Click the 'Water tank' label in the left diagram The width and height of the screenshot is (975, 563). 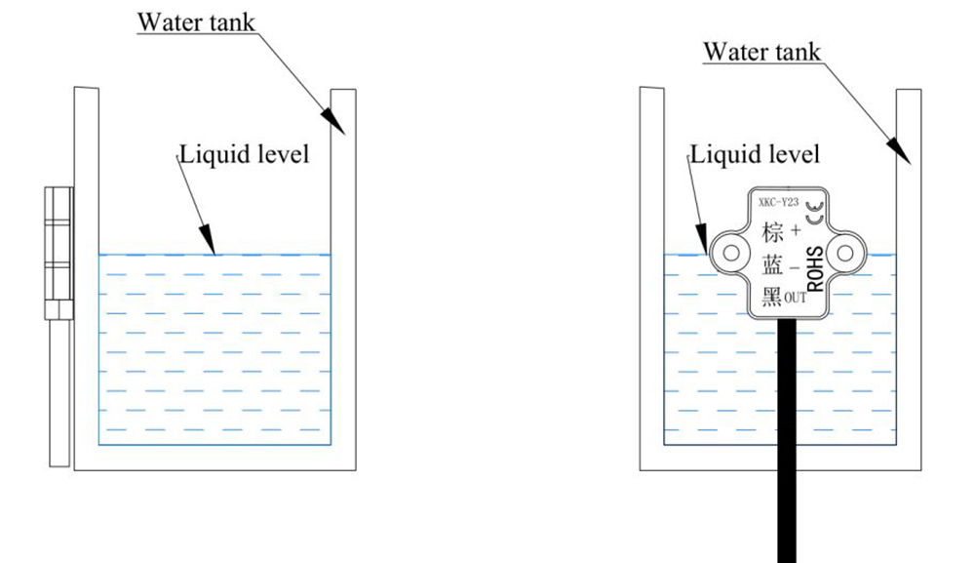[x=196, y=21]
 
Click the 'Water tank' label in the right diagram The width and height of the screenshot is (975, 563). [x=761, y=52]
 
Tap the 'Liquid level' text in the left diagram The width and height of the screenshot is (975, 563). [x=244, y=154]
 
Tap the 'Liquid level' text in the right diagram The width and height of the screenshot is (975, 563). [x=755, y=154]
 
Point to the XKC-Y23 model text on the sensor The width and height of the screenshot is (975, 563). [x=778, y=202]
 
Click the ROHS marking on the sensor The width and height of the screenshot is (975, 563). [x=815, y=268]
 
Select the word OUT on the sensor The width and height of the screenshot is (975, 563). [x=796, y=298]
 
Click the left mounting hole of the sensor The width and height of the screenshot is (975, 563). [x=731, y=253]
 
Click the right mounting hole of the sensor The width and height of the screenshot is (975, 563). [x=844, y=253]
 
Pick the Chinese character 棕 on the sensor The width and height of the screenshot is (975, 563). [x=772, y=232]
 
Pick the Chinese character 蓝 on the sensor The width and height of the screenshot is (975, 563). [x=772, y=266]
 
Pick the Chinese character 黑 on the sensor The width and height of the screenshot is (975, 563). [x=772, y=298]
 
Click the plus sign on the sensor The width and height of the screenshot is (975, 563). [x=796, y=231]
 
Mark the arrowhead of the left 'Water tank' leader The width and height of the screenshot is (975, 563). [x=333, y=121]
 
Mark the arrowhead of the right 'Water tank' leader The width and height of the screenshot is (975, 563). [x=900, y=150]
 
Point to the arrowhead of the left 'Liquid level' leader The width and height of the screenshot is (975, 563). [x=208, y=240]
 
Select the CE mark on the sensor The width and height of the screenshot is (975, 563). [x=814, y=213]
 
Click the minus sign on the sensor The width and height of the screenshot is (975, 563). [x=795, y=268]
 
